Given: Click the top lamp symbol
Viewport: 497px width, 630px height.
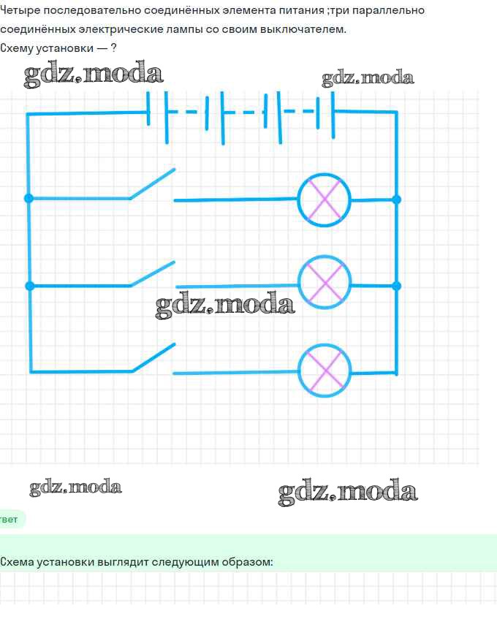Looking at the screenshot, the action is (325, 200).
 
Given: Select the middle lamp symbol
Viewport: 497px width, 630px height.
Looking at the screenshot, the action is (325, 282).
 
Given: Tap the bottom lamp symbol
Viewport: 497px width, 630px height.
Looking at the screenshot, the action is (325, 371).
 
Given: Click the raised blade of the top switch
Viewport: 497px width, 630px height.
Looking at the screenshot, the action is (152, 183).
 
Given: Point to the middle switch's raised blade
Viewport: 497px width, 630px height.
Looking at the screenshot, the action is (153, 273).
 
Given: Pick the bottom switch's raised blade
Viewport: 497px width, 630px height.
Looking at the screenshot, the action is (153, 357).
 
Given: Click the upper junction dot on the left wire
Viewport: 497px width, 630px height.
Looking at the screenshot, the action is (29, 198).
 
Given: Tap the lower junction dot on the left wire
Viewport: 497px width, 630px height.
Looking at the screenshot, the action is (30, 286).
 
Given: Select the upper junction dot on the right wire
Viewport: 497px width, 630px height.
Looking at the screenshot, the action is (397, 200).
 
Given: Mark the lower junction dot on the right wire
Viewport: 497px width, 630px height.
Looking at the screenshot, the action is (397, 286).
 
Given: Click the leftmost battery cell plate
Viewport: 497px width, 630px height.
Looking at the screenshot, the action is (148, 108).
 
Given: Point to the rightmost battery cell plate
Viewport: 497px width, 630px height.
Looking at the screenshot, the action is (333, 115).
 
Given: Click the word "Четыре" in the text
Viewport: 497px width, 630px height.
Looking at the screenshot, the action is (20, 11).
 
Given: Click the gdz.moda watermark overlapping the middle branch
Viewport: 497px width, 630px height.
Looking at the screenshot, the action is (225, 305).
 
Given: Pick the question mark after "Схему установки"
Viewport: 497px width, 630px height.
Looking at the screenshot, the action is (113, 48).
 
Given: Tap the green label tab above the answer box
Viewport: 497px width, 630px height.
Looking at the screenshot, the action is (11, 519).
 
